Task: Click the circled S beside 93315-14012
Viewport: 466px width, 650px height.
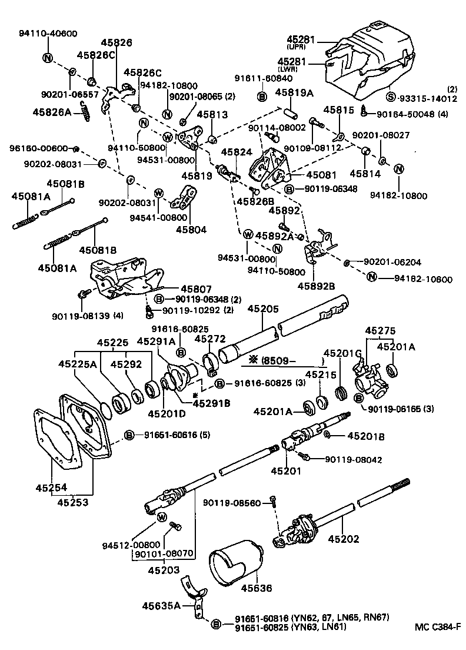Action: [x=390, y=98]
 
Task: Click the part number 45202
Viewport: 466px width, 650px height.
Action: [x=344, y=538]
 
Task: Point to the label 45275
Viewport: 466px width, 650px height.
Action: [x=381, y=331]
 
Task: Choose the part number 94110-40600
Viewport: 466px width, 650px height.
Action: [x=47, y=34]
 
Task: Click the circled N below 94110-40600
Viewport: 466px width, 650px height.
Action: [x=47, y=58]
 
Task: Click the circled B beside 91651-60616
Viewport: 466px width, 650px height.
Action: [x=129, y=435]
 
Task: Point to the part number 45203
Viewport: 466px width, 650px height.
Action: [x=163, y=570]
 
